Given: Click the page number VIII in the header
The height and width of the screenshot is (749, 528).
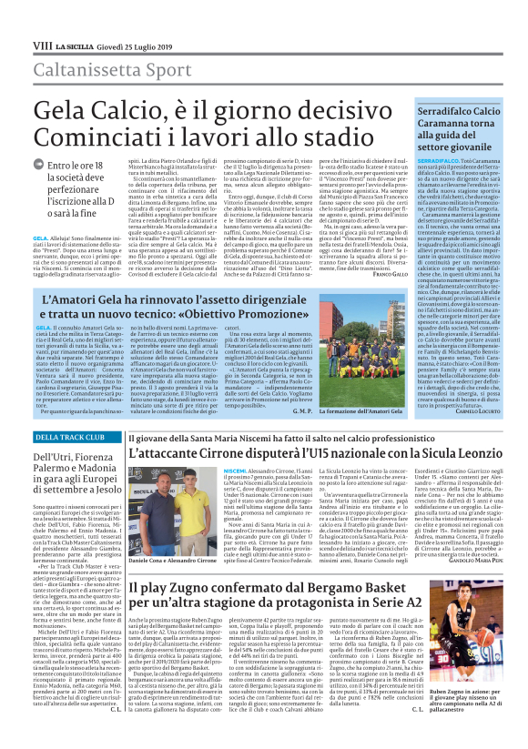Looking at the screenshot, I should coord(42,45).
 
